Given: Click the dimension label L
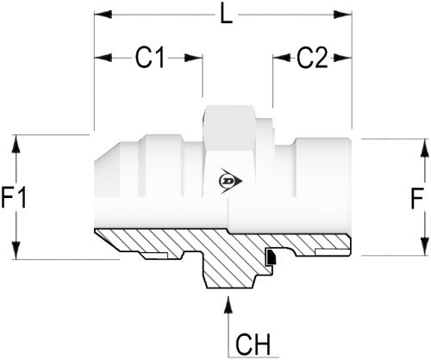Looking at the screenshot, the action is (226, 15).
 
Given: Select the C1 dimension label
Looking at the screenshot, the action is (150, 58).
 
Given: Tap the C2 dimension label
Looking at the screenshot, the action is (312, 58).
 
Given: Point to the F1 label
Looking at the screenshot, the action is (14, 197).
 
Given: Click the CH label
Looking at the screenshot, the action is (253, 344).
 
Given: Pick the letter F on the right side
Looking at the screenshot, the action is (417, 198).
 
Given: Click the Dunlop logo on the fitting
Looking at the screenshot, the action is (231, 181).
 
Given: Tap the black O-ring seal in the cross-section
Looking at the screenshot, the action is (271, 257).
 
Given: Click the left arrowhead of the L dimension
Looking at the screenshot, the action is (103, 15).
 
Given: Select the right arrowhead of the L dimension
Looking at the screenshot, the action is (343, 15).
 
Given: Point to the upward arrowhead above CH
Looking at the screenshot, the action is (228, 305).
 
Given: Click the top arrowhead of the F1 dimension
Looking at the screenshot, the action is (16, 144).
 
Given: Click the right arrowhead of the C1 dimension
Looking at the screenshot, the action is (194, 58).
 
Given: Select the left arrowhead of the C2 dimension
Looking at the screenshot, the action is (282, 58).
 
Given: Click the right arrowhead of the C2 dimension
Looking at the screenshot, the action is (343, 58).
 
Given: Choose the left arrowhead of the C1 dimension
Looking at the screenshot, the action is (103, 58).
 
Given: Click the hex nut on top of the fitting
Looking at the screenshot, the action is (229, 127).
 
